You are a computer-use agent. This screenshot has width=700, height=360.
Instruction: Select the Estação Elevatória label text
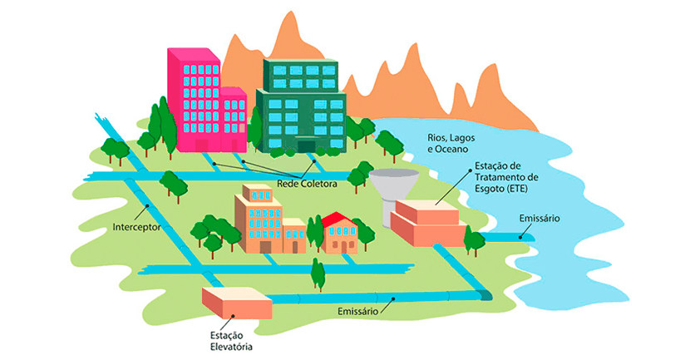coord(230,341)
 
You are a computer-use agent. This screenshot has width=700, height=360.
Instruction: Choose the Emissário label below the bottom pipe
coord(358,311)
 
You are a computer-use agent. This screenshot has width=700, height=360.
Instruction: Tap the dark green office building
coord(301,106)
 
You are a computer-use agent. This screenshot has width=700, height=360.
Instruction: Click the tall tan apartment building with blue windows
coord(259,219)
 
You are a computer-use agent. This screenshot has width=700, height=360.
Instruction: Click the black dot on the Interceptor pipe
coord(148,207)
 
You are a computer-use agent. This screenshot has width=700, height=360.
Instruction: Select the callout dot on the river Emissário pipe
coord(521,236)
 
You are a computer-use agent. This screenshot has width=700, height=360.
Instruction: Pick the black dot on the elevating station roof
coord(234,316)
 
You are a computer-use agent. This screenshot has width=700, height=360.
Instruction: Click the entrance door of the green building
coord(306,145)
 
